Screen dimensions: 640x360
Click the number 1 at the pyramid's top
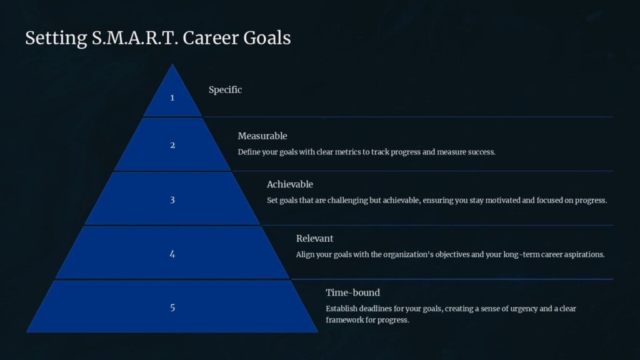coord(172,97)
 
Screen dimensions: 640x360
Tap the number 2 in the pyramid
coord(172,145)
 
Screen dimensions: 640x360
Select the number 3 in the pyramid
coord(172,200)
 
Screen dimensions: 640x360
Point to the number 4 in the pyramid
coord(172,254)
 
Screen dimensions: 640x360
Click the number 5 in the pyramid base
coord(172,307)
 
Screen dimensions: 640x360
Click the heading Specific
coord(225,90)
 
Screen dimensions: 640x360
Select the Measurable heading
coord(262,136)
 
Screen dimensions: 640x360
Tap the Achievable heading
coord(290,184)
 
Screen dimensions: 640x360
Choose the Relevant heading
coord(315,238)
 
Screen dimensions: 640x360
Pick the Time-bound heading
coord(352,292)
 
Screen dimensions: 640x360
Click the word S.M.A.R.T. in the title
coord(135,38)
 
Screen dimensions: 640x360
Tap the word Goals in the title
coord(267,38)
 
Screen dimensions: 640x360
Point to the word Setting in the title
coord(56,39)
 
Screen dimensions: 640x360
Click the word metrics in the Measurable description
coord(347,152)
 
